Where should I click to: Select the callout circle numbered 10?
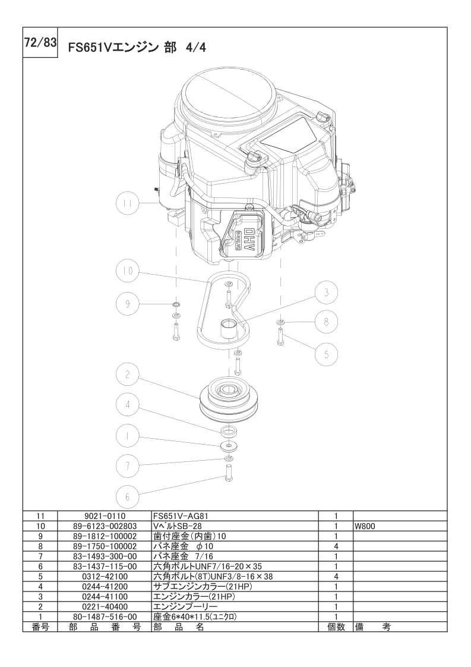tap(128, 271)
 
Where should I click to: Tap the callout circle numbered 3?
tap(327, 292)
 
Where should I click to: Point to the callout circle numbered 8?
tap(326, 322)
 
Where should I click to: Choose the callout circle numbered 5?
tap(327, 354)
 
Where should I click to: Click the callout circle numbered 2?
tap(127, 375)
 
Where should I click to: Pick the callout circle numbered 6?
tap(127, 496)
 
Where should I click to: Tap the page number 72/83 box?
tap(40, 43)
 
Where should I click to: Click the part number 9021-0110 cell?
tap(104, 515)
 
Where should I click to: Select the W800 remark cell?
tap(400, 526)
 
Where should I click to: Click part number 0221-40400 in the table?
tap(104, 606)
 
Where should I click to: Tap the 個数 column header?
tap(336, 627)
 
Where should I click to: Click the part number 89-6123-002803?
tap(104, 526)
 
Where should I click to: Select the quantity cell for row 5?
tap(336, 577)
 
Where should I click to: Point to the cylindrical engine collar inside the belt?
tap(228, 331)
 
